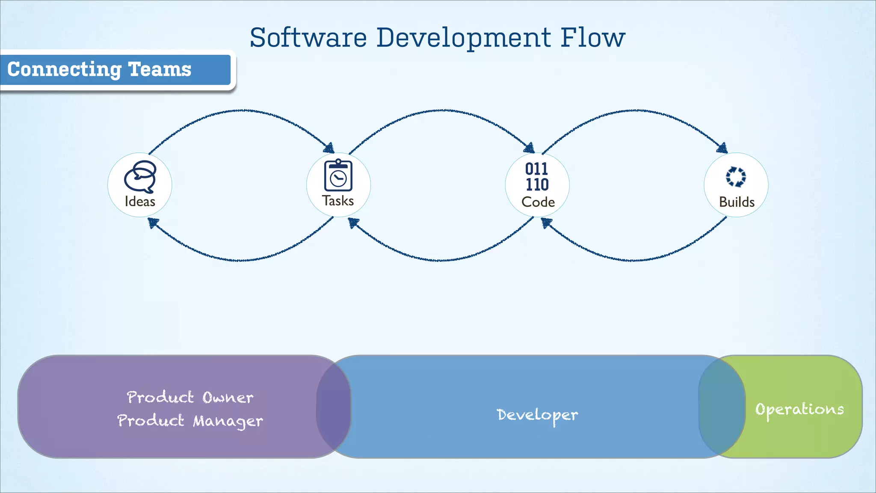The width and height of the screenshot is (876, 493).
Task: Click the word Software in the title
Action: [308, 38]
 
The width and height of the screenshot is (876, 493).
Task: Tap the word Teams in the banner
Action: [160, 69]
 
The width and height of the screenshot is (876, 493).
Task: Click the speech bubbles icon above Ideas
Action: [140, 177]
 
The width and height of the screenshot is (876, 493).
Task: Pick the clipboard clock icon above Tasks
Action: [338, 175]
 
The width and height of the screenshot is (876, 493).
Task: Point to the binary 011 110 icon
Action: [537, 177]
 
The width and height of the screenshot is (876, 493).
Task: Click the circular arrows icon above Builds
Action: [736, 176]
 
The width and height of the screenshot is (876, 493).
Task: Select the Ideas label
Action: [140, 202]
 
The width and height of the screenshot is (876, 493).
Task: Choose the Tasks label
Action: [338, 201]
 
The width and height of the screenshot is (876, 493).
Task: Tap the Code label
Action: [538, 202]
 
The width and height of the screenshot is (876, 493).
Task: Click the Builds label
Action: [737, 202]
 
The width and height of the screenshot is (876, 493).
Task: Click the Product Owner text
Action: [190, 398]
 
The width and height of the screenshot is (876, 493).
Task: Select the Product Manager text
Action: [190, 421]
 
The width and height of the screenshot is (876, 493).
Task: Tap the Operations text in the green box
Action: [799, 410]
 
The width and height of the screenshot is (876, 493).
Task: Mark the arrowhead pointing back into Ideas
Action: [153, 223]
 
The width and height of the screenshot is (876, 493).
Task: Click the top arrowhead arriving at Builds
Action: [722, 148]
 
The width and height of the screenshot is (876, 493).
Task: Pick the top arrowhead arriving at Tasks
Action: [329, 148]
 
